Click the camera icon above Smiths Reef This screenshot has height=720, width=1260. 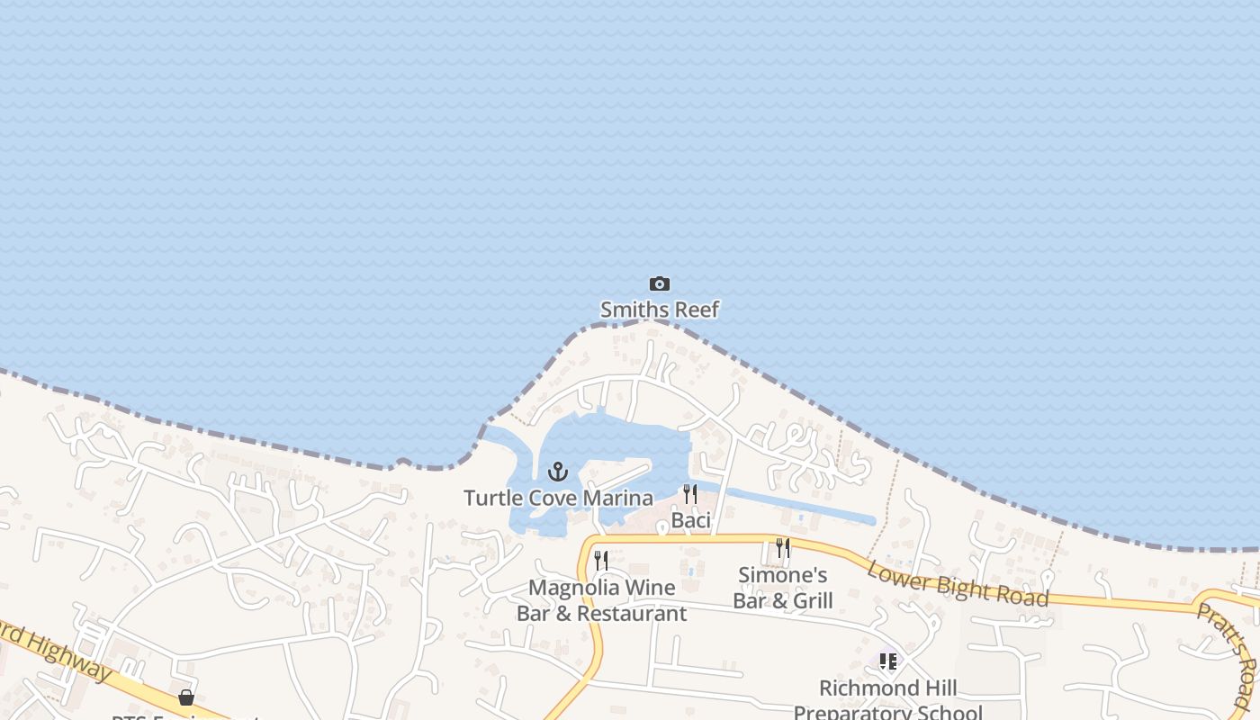click(x=660, y=284)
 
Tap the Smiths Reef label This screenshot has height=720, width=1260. click(x=660, y=310)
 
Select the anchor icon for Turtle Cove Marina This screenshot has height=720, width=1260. click(x=558, y=472)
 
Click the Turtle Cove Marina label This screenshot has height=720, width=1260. click(x=558, y=498)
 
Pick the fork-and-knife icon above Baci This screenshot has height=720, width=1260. click(x=689, y=494)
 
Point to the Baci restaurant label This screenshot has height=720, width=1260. click(x=691, y=520)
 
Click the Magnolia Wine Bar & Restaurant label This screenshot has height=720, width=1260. click(x=601, y=600)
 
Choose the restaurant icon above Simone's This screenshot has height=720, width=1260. click(x=782, y=548)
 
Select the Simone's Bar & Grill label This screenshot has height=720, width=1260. click(x=783, y=588)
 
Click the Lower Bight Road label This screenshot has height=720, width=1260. click(x=958, y=583)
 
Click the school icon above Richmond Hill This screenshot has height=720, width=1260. click(x=888, y=661)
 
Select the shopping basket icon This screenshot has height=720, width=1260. click(x=186, y=697)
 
